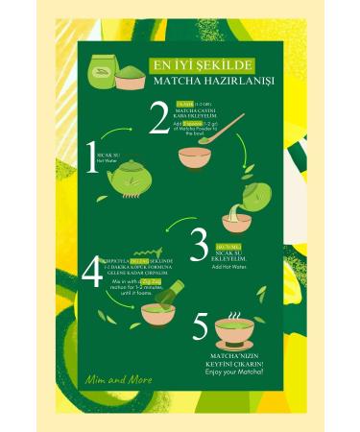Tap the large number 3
(201, 247)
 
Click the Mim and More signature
(117, 381)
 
